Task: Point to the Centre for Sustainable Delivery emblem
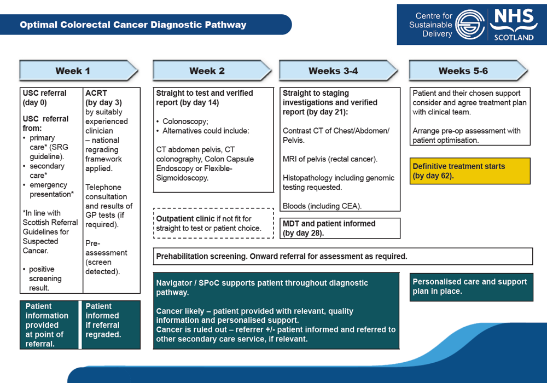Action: pos(469,24)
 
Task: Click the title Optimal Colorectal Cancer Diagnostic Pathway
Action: pos(133,25)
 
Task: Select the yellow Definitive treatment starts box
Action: pos(470,171)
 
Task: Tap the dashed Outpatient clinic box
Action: pos(213,223)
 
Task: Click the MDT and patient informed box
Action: pos(339,228)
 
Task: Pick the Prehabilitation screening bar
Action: pos(343,256)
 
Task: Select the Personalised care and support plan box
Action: pos(471,287)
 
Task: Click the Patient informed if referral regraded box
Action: pos(110,324)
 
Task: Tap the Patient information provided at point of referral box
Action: pos(50,324)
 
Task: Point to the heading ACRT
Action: pos(96,93)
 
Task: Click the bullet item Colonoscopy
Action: pos(185,121)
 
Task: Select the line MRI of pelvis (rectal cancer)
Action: pos(330,159)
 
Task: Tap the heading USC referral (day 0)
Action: pos(44,97)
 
